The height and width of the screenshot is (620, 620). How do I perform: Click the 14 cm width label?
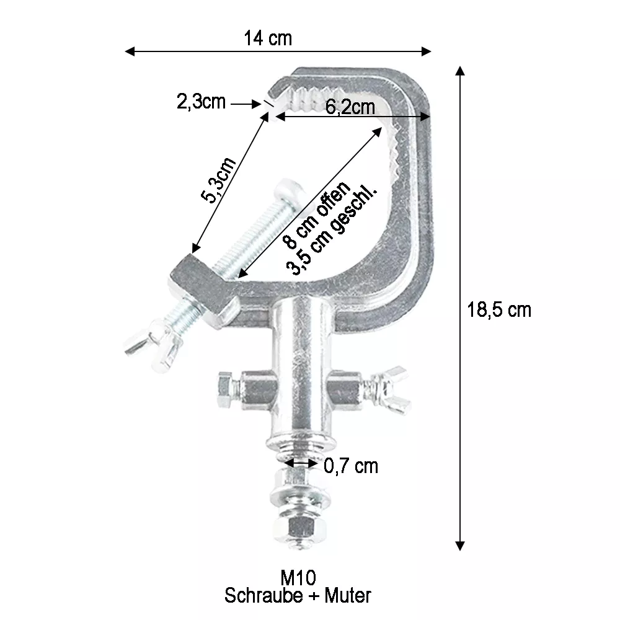pos(268,38)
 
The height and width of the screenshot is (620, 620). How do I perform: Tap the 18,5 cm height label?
pos(499,309)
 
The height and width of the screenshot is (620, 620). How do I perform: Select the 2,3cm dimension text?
pos(201,102)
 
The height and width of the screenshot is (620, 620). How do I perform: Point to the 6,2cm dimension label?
pos(350,107)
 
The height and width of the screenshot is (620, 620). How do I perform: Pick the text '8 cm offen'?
pos(317,215)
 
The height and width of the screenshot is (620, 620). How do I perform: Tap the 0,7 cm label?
pos(351,466)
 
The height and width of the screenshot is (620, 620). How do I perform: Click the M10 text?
pos(298,578)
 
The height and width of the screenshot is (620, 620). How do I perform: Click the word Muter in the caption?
pos(348,595)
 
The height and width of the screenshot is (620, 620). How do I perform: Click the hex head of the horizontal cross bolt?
pos(226,390)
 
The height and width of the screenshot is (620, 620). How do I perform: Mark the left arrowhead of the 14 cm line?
pos(130,51)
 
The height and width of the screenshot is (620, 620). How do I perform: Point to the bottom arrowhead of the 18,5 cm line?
pos(459,546)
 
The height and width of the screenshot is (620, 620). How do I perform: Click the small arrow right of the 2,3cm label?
pos(246,104)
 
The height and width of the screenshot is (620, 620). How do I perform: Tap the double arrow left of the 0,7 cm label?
pos(301,463)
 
